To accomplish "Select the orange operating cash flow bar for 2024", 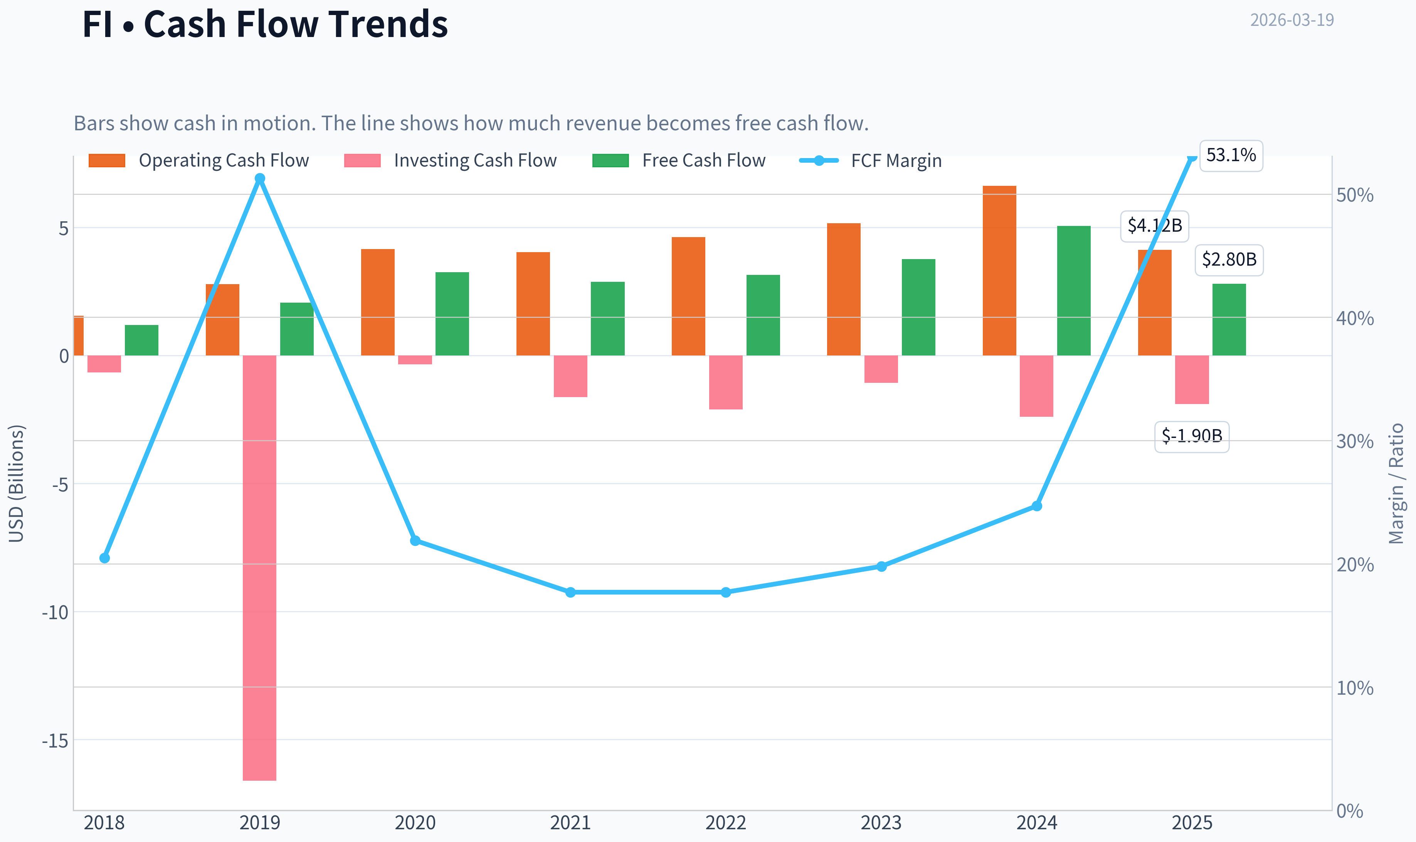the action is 999,271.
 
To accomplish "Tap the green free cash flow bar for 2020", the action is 452,314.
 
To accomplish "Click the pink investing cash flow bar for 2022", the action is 726,382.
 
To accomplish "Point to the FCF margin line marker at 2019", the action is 260,178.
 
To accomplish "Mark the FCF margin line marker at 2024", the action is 1037,505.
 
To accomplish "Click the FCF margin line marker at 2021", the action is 570,592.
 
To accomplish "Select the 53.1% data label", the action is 1231,155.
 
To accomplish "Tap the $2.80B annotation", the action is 1229,260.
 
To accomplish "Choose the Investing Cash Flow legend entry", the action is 450,160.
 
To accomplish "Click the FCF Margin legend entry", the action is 871,160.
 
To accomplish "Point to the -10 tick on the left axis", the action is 55,612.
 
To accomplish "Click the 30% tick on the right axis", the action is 1355,441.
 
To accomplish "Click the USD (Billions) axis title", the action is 17,483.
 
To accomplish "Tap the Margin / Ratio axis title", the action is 1396,483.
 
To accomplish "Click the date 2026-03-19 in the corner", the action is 1292,20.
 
